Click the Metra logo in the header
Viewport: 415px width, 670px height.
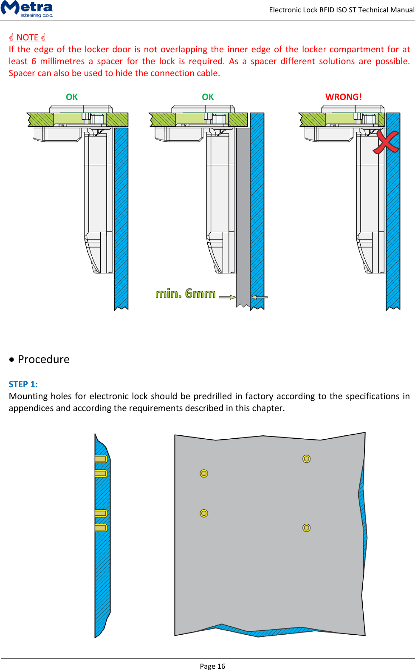click(27, 9)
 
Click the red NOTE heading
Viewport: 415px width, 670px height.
click(27, 37)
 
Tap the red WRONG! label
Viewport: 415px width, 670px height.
click(343, 97)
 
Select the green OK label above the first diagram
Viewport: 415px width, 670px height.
click(72, 97)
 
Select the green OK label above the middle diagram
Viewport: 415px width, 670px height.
click(208, 97)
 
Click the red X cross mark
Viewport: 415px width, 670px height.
click(386, 142)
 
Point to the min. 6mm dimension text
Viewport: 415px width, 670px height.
click(186, 293)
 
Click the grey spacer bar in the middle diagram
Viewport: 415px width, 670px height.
click(243, 213)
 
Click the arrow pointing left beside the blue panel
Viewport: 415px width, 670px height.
click(259, 297)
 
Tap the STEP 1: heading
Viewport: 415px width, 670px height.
click(23, 384)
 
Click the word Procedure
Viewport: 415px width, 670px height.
click(44, 359)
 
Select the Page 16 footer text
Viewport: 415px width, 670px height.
click(212, 666)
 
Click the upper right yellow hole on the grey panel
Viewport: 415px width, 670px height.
click(306, 459)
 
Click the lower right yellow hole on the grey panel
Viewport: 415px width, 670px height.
click(306, 528)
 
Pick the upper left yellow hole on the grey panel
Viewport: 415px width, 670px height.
click(204, 473)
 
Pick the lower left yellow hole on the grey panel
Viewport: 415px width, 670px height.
click(204, 513)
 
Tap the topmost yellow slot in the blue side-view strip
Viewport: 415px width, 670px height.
click(101, 459)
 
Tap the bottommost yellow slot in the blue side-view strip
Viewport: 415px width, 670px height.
click(101, 528)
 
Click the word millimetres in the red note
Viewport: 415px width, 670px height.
click(62, 61)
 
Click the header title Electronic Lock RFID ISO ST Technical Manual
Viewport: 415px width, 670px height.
click(342, 10)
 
